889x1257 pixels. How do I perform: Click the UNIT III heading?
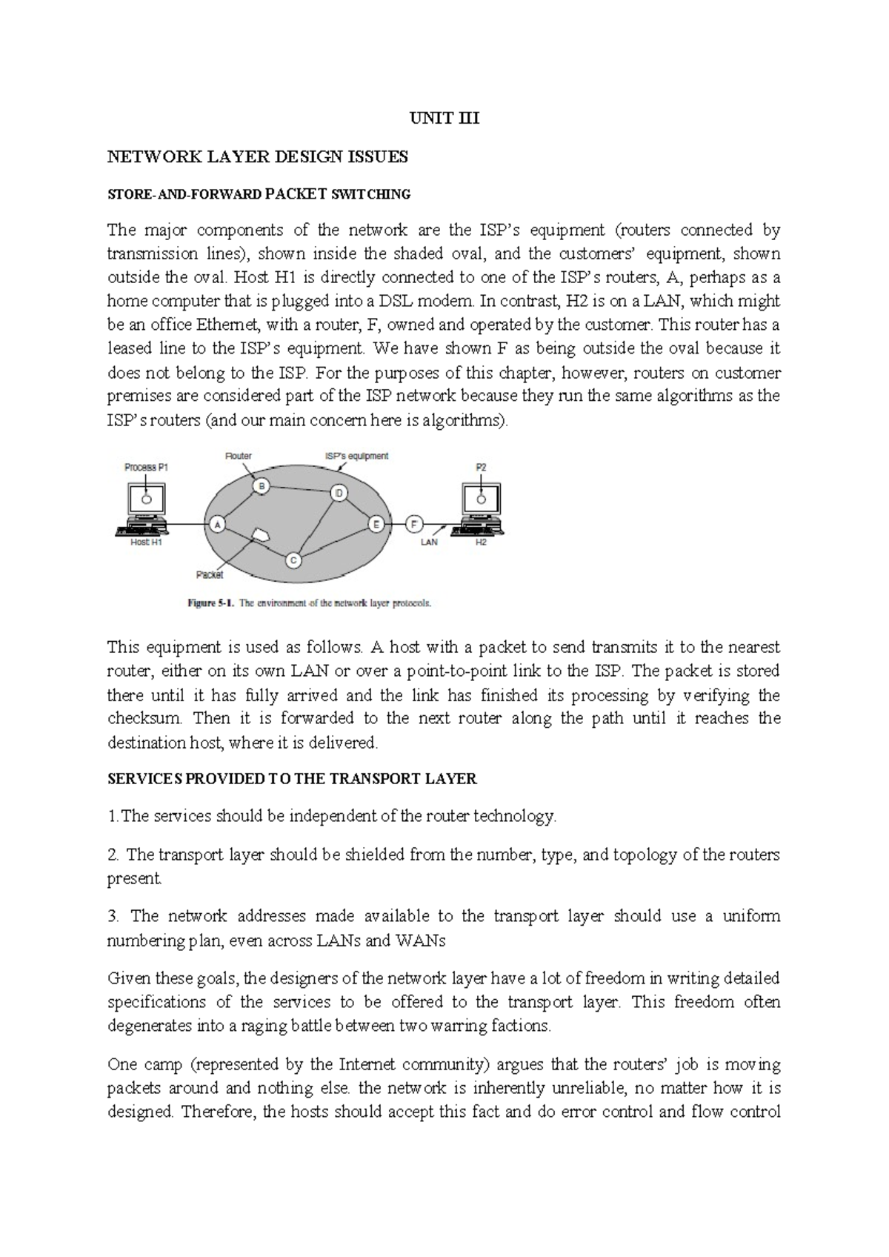point(444,118)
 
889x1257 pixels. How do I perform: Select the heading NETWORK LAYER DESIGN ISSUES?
point(258,156)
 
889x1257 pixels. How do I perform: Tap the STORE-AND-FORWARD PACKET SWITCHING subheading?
point(259,194)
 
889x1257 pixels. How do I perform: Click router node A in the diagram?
point(218,524)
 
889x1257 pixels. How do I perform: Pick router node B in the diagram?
point(261,485)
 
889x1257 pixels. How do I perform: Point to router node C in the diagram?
point(293,560)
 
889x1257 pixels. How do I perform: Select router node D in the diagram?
point(339,493)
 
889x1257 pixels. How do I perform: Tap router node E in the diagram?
point(376,524)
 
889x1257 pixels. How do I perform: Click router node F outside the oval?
point(414,524)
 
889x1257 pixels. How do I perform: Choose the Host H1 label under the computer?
point(146,543)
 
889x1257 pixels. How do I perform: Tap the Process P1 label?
point(145,468)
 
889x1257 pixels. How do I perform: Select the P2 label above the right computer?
point(481,468)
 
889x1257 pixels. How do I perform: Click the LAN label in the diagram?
point(430,543)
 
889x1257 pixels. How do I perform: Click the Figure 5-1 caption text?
point(308,603)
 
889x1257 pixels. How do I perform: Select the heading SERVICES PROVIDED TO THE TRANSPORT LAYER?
point(292,779)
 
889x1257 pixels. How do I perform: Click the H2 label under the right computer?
point(481,543)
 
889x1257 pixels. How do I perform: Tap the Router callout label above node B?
point(239,456)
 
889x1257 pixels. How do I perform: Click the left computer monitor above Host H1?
point(146,501)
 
